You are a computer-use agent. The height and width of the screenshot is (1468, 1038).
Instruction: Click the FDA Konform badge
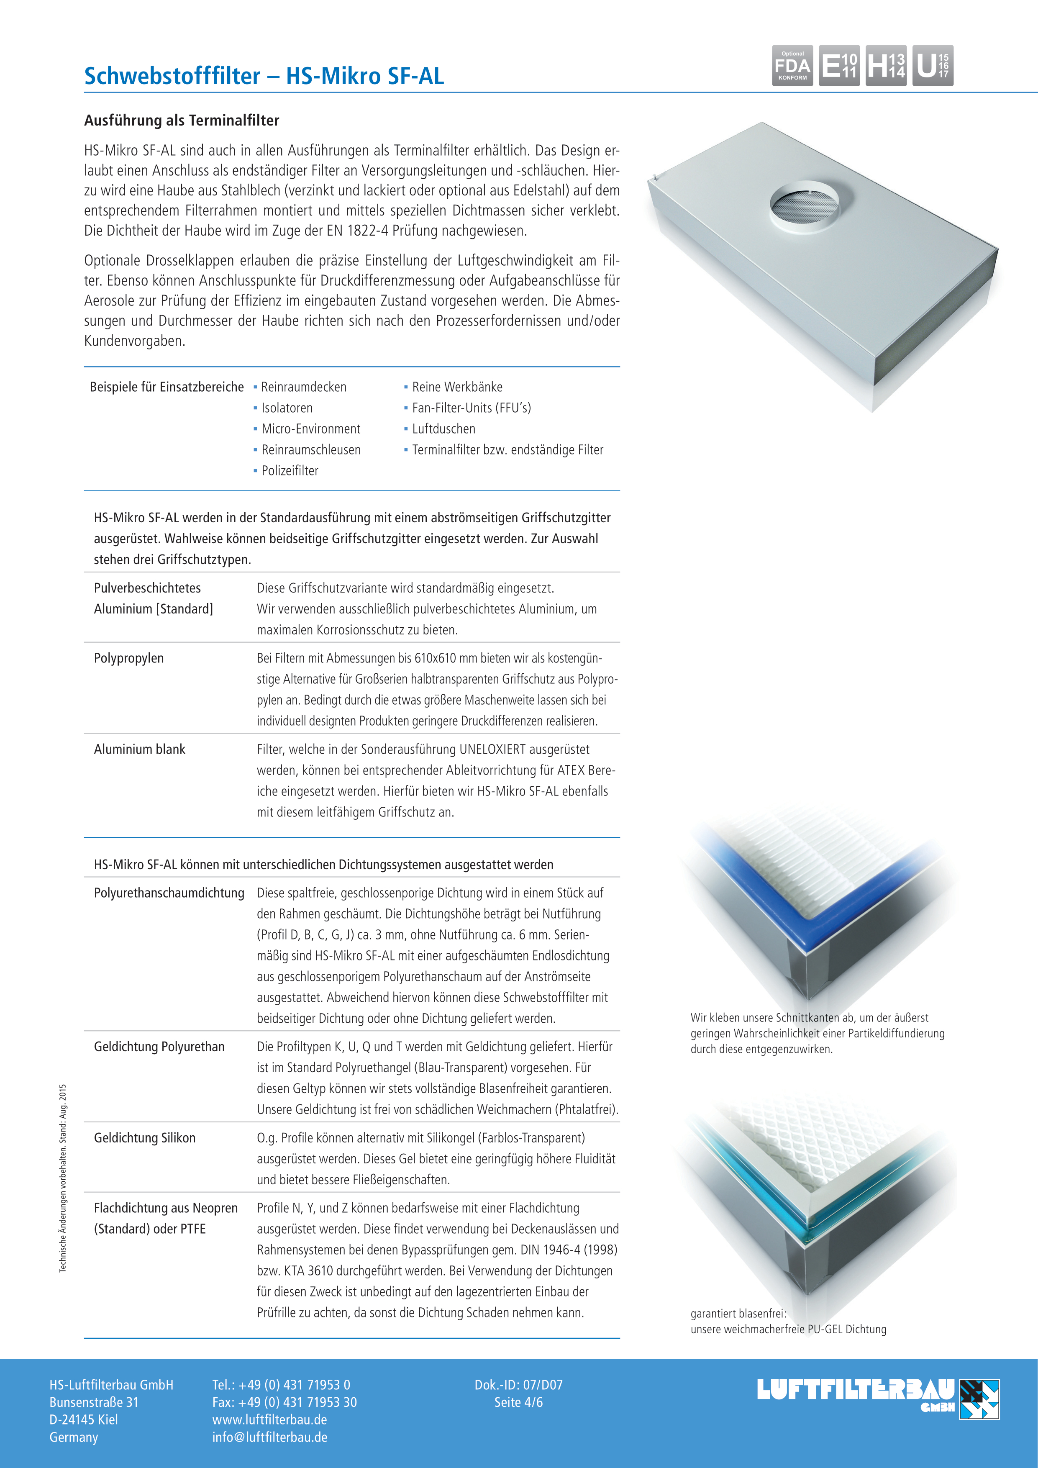(x=792, y=65)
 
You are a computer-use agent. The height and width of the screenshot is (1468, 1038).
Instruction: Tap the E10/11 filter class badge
(x=838, y=65)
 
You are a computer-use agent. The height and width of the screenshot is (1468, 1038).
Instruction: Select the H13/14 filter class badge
(x=886, y=65)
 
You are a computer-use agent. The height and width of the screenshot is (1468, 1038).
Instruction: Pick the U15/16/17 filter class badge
(x=933, y=65)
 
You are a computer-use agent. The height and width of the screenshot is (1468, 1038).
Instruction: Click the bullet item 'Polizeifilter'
(x=290, y=471)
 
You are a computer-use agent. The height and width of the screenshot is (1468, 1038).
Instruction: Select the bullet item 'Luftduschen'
(x=443, y=429)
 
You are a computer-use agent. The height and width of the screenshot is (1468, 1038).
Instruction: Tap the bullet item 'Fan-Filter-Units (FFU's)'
(x=471, y=408)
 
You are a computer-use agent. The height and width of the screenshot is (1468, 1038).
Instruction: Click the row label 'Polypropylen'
(x=128, y=659)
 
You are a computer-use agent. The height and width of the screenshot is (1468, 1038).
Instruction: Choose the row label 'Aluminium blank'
(x=139, y=749)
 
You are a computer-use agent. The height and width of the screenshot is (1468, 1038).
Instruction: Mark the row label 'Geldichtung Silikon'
(x=144, y=1138)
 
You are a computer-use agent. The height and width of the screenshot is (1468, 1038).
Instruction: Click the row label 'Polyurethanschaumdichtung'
(x=169, y=893)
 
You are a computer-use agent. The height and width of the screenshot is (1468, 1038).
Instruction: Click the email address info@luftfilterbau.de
(x=270, y=1437)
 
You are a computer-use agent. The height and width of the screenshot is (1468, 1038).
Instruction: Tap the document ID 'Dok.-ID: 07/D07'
(x=518, y=1385)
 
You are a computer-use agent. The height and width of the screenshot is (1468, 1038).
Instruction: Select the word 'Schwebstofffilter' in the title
(x=172, y=76)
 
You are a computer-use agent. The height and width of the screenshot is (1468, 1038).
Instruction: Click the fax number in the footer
(x=284, y=1402)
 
